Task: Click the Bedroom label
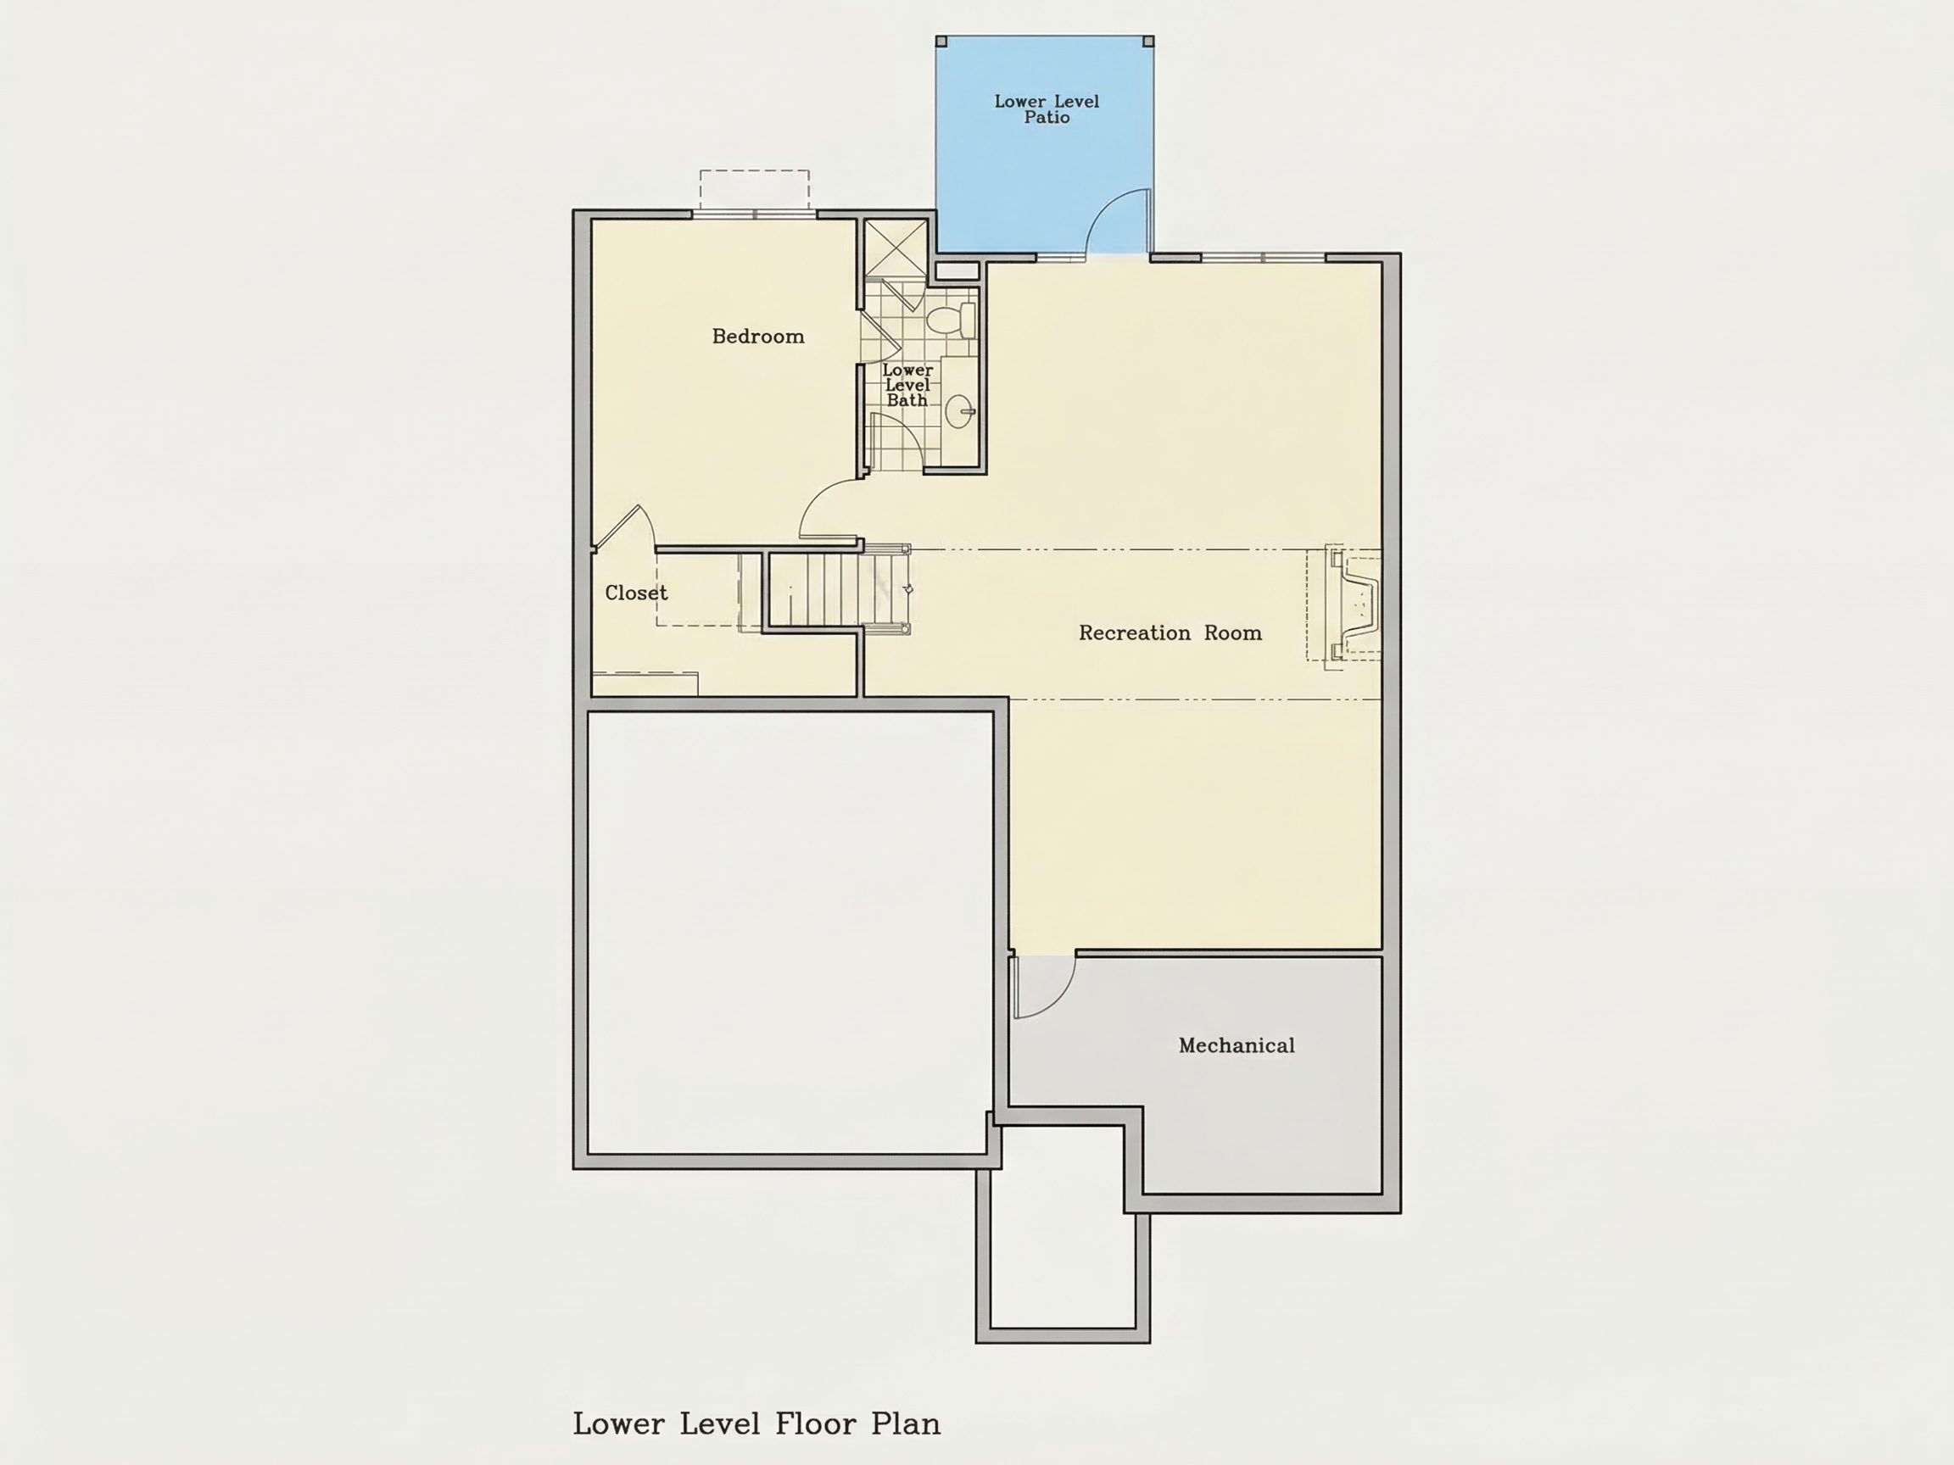[x=758, y=337]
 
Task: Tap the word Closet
[x=636, y=593]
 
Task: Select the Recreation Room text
[x=1170, y=633]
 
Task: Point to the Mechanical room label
[x=1237, y=1045]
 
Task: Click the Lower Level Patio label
[x=1047, y=109]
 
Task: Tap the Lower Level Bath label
[x=907, y=385]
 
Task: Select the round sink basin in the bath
[x=959, y=411]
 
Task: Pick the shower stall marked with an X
[x=895, y=248]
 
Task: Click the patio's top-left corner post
[x=941, y=42]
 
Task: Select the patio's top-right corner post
[x=1148, y=42]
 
